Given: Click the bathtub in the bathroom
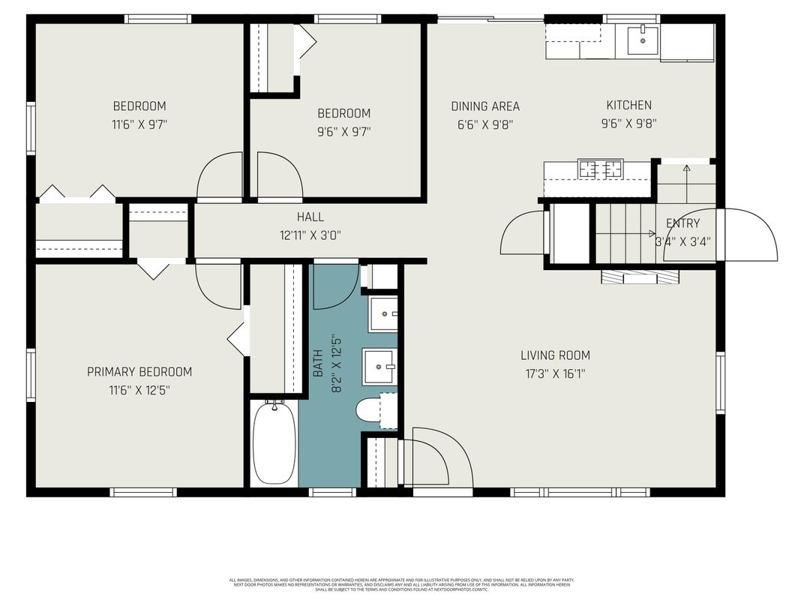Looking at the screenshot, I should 274,443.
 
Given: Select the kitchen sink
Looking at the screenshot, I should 642,40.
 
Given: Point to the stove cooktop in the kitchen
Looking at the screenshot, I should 600,169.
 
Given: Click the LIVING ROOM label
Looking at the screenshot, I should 555,355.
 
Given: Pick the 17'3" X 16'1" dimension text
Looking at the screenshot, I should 555,373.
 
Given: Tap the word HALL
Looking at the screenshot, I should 310,217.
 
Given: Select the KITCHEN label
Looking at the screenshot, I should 628,105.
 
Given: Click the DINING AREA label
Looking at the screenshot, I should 484,106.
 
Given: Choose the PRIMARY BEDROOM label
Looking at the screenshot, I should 139,372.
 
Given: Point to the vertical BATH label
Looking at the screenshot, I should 318,364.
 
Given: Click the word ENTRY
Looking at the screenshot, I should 682,223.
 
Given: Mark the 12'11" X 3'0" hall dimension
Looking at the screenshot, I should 310,235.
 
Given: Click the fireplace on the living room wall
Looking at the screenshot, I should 640,277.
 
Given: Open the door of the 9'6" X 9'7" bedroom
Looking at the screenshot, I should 278,178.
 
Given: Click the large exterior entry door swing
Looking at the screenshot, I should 746,235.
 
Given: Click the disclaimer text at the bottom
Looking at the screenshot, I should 402,584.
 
